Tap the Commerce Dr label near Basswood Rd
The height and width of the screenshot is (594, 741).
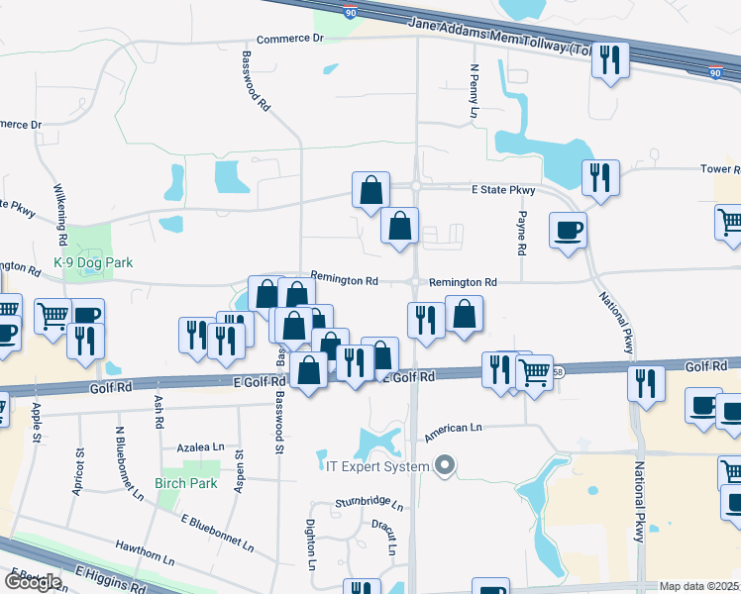(290, 39)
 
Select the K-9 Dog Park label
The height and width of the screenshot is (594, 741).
(93, 263)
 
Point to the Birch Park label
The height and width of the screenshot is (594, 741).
(185, 483)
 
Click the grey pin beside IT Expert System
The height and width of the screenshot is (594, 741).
(445, 464)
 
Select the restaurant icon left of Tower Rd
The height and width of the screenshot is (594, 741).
(600, 178)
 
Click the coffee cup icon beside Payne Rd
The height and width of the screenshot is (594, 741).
(568, 230)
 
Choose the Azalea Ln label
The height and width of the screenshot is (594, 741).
(202, 448)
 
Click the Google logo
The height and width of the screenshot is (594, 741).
(33, 582)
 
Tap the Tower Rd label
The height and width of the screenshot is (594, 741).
(719, 169)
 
